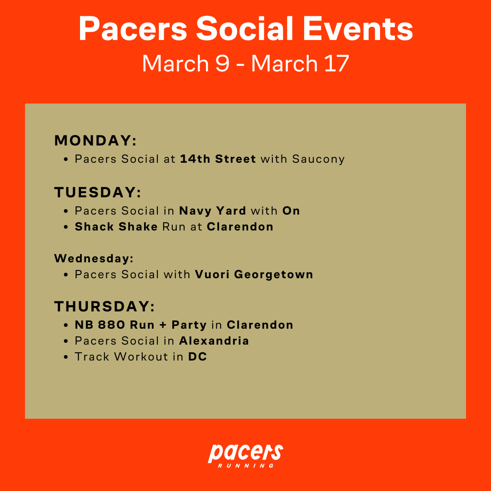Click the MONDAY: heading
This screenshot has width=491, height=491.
95,140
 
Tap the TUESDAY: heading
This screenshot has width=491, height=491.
98,192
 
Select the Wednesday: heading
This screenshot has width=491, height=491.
94,258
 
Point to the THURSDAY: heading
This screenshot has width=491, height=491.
105,306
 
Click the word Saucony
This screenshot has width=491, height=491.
318,160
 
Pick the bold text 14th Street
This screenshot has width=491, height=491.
218,159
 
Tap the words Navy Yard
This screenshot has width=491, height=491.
213,211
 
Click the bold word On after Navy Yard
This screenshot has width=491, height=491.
291,211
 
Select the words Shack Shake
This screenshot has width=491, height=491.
116,226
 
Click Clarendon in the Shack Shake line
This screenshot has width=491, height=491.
240,226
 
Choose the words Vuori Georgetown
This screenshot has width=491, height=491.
254,275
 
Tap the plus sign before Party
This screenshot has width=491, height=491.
163,325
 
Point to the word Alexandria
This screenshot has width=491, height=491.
214,341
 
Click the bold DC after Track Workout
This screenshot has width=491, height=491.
198,357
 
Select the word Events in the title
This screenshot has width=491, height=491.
358,29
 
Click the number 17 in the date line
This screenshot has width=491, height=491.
336,64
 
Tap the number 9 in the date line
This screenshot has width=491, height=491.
222,64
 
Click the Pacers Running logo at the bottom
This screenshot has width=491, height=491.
245,456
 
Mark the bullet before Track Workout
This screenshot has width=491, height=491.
66,357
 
